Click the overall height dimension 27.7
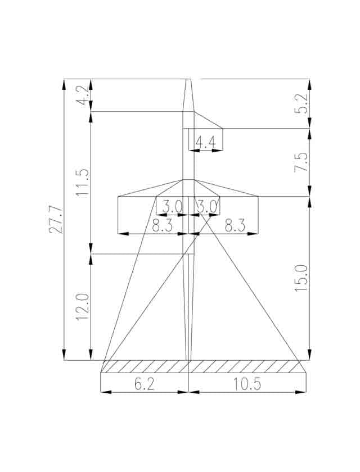click(x=56, y=220)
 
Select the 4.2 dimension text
click(x=83, y=95)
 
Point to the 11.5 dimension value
click(x=83, y=183)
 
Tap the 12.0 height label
click(x=83, y=307)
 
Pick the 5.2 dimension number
click(x=301, y=104)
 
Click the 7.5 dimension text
click(x=301, y=162)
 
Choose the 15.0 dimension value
click(x=301, y=278)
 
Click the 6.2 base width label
click(x=145, y=384)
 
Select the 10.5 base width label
click(x=247, y=384)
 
